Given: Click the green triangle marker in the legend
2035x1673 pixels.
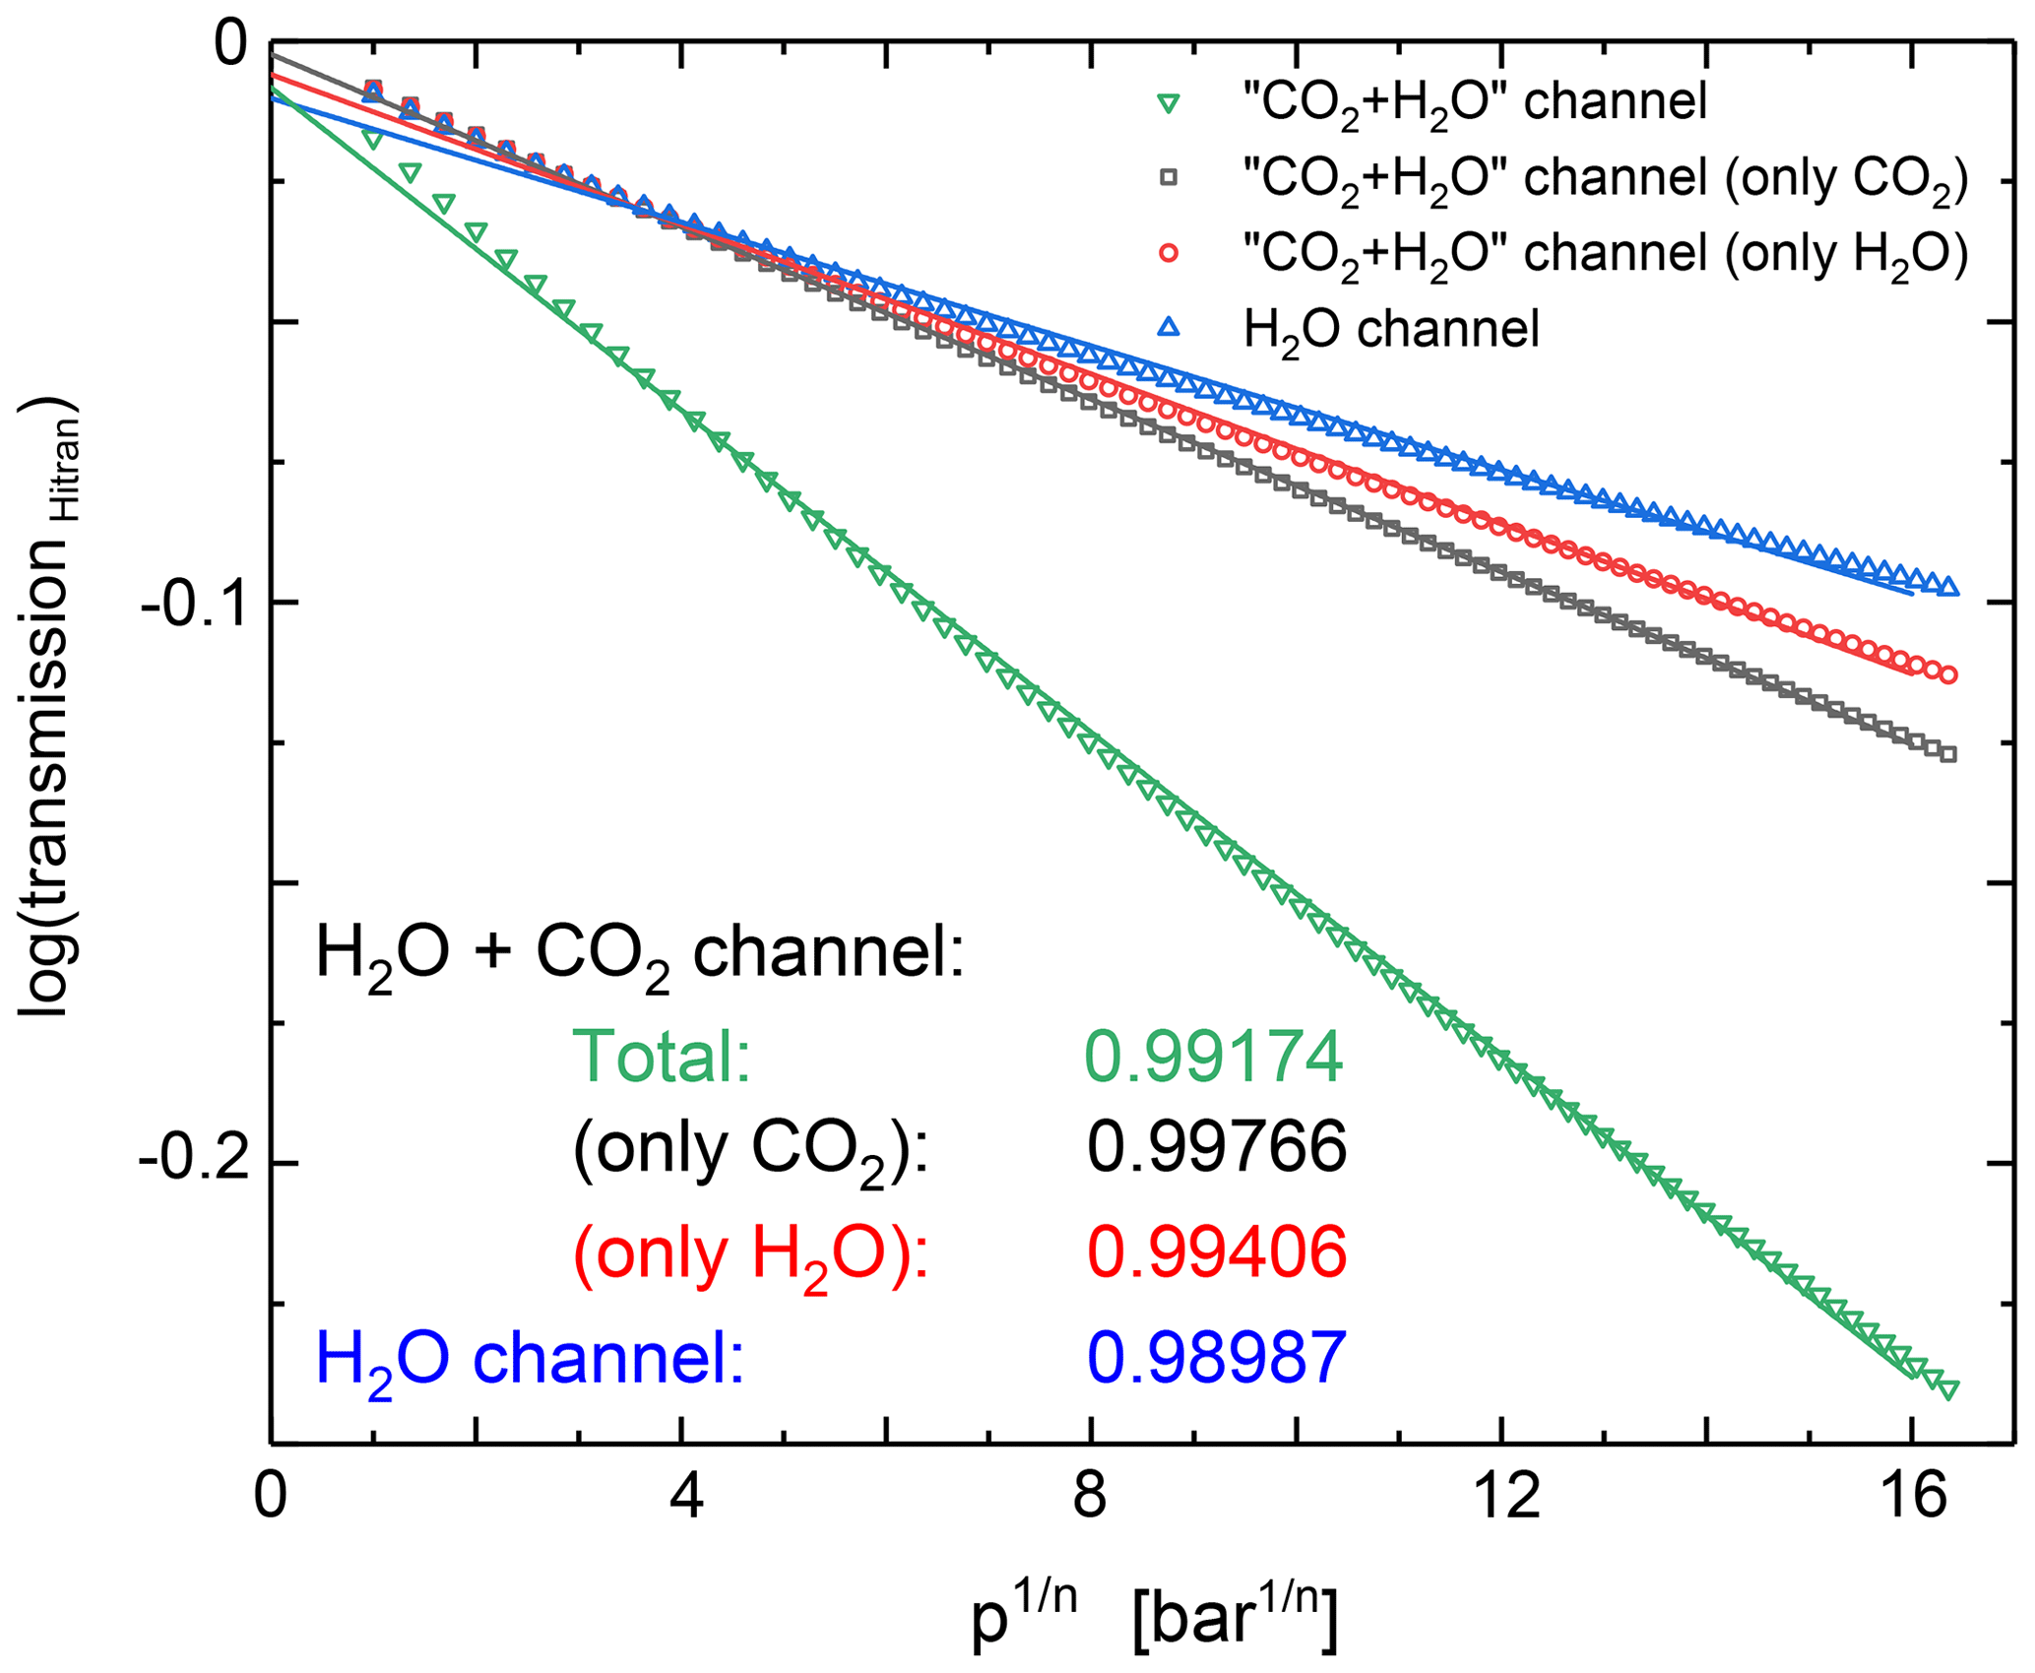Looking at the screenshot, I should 1168,103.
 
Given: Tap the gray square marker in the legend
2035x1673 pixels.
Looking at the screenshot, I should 1168,178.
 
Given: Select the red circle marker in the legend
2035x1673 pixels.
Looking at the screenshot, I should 1168,253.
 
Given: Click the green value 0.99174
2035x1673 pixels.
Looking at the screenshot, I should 1214,1058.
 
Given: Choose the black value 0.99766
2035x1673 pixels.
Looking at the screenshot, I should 1216,1145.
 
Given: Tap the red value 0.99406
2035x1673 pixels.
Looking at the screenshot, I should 1216,1253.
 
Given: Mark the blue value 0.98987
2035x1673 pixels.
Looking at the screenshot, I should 1216,1357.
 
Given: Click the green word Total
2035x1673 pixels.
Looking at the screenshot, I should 662,1058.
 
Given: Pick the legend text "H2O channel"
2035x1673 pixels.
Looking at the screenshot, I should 1391,328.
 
